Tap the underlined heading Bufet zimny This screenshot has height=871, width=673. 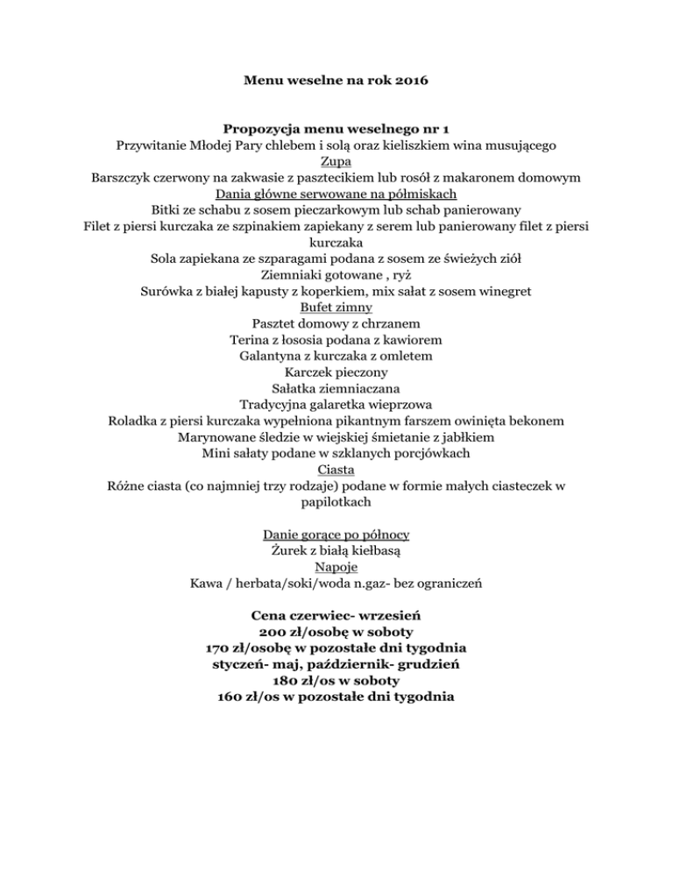(x=336, y=308)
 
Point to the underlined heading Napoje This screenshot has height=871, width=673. (x=336, y=567)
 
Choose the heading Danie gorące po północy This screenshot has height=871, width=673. (x=336, y=534)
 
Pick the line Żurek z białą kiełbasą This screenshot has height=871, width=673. (x=336, y=550)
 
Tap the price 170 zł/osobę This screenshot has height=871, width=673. (x=255, y=648)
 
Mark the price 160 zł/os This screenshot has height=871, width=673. (x=254, y=698)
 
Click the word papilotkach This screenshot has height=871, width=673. (x=336, y=503)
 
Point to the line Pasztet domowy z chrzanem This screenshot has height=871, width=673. (x=336, y=323)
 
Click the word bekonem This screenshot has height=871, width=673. (x=535, y=421)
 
